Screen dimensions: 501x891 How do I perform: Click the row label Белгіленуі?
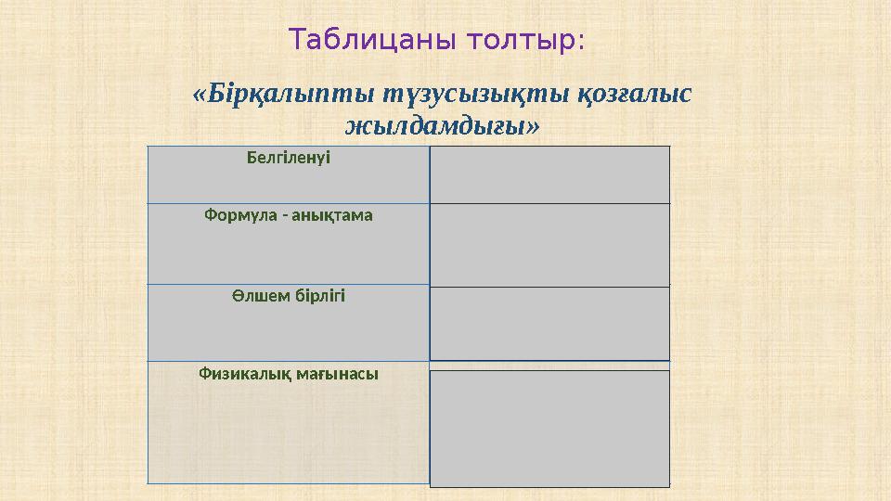click(x=289, y=158)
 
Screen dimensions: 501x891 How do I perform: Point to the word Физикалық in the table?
click(x=246, y=375)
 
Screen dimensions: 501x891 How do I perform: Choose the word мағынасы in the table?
click(x=338, y=375)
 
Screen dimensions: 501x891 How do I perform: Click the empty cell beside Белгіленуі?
click(x=549, y=174)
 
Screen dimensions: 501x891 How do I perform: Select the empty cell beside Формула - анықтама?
click(x=549, y=245)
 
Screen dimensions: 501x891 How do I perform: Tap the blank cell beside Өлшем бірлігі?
click(x=549, y=323)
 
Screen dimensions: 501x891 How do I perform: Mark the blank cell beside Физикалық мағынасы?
click(x=549, y=428)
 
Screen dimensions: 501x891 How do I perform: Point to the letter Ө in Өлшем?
click(x=238, y=296)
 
